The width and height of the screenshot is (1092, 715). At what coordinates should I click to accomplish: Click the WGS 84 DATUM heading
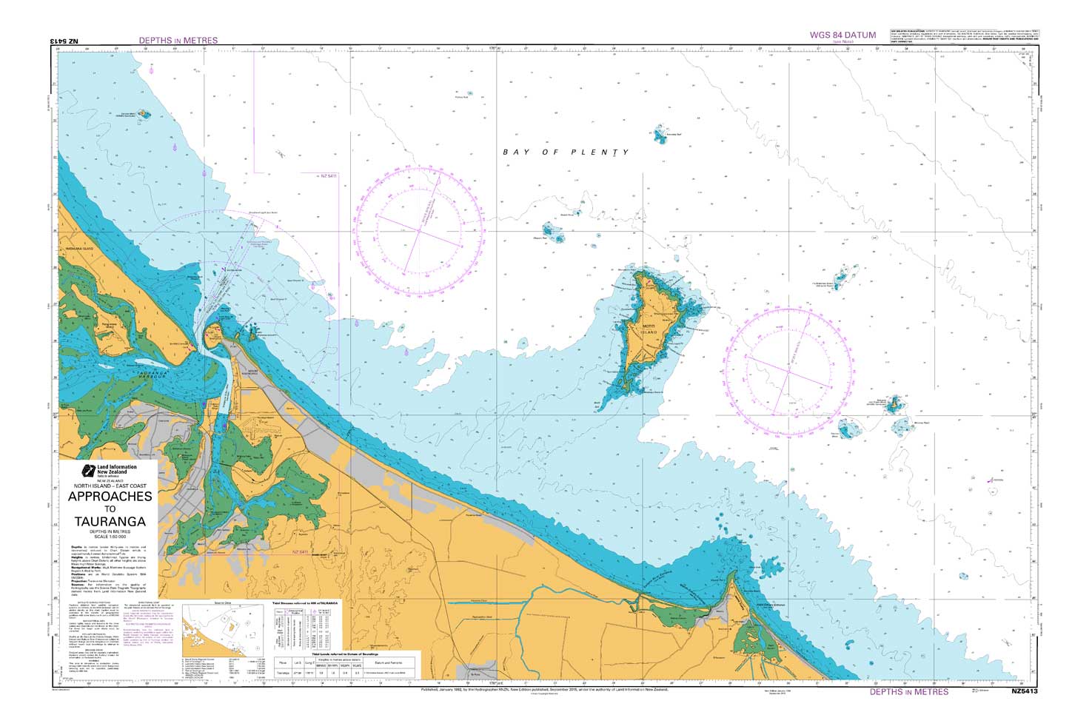[x=843, y=35]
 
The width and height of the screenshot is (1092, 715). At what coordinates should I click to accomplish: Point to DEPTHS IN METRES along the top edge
[x=178, y=40]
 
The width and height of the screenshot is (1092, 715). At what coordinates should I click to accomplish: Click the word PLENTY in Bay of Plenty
[x=600, y=152]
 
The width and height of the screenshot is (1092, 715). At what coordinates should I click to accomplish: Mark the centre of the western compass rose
[x=418, y=231]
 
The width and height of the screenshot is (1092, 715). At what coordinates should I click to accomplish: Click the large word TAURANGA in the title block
[x=110, y=521]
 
